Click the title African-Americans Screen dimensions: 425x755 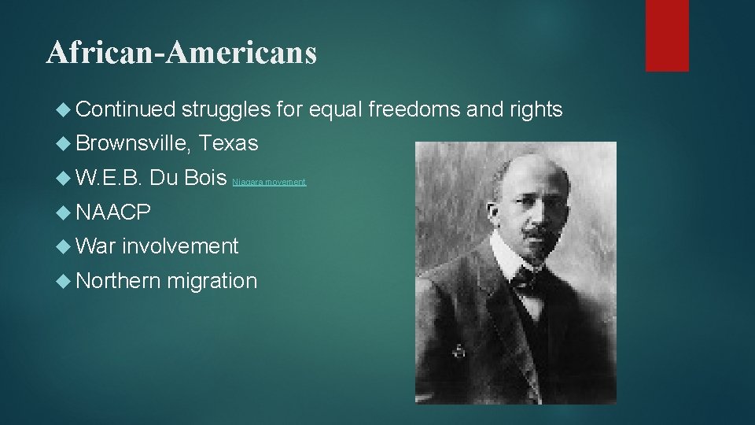point(182,53)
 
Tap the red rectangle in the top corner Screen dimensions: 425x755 point(666,35)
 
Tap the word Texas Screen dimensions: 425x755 point(229,144)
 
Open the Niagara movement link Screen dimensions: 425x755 point(269,183)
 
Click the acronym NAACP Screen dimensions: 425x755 point(114,213)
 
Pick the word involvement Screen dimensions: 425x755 point(180,246)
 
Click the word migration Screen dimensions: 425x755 point(213,281)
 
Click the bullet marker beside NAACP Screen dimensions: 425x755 point(65,213)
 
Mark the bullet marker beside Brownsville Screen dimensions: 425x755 point(65,144)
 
